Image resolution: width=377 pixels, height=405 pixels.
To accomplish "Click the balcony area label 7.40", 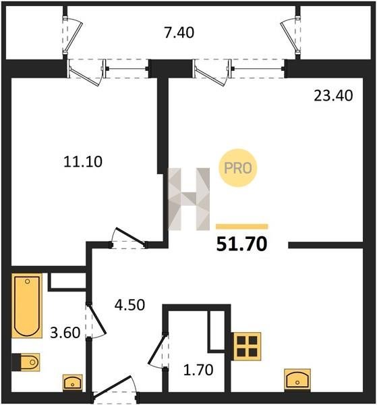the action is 179,33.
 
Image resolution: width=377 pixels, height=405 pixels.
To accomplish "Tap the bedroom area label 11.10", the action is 83,162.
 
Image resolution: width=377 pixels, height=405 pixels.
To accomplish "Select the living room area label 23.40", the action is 333,96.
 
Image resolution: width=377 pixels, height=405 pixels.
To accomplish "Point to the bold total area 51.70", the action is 242,244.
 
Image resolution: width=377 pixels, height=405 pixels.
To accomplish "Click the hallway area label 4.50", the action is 129,305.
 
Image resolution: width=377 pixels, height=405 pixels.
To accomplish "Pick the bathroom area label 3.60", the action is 65,333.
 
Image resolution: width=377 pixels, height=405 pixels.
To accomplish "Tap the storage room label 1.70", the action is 198,370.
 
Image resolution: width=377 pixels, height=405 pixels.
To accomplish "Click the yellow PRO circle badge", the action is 238,168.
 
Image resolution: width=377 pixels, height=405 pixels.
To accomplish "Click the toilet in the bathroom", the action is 26,362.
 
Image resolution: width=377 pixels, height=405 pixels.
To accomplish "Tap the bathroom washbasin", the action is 73,383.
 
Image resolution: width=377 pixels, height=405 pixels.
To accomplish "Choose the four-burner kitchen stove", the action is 248,346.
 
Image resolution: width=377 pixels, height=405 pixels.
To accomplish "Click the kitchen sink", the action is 297,379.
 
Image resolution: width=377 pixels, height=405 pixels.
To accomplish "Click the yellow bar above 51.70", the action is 242,227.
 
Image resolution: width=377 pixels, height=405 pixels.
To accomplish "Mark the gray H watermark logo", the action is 189,199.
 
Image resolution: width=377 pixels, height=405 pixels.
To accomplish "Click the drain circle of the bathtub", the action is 28,281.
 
